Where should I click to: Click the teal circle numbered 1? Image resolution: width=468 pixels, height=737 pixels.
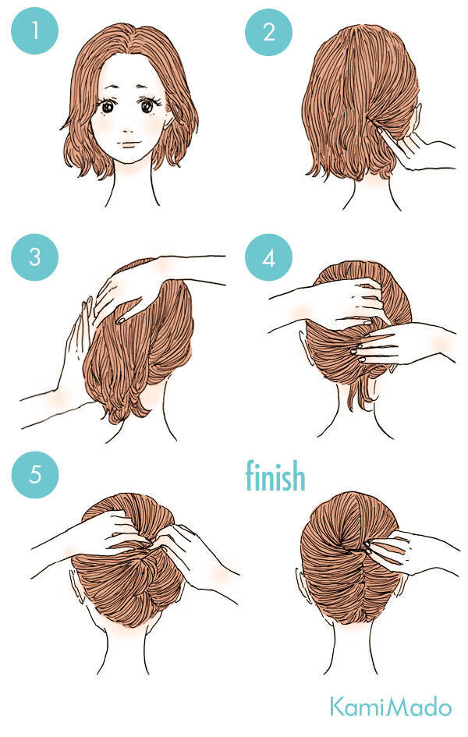click(x=35, y=31)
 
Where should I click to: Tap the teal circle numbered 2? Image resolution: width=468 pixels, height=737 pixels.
click(x=268, y=31)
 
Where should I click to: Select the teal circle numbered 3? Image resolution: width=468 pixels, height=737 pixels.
click(x=35, y=257)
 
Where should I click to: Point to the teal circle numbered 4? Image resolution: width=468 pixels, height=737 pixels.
click(x=268, y=257)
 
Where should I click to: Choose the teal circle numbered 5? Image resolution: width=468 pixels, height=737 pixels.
click(x=35, y=474)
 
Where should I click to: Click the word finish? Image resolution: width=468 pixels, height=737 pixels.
click(x=275, y=475)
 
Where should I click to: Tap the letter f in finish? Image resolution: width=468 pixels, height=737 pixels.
click(x=250, y=475)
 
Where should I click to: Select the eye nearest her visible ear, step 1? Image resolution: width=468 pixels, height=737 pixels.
click(x=147, y=106)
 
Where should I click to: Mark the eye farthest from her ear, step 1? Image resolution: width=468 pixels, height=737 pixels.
click(x=108, y=107)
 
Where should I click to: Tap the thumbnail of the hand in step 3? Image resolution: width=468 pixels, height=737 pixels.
click(x=121, y=321)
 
